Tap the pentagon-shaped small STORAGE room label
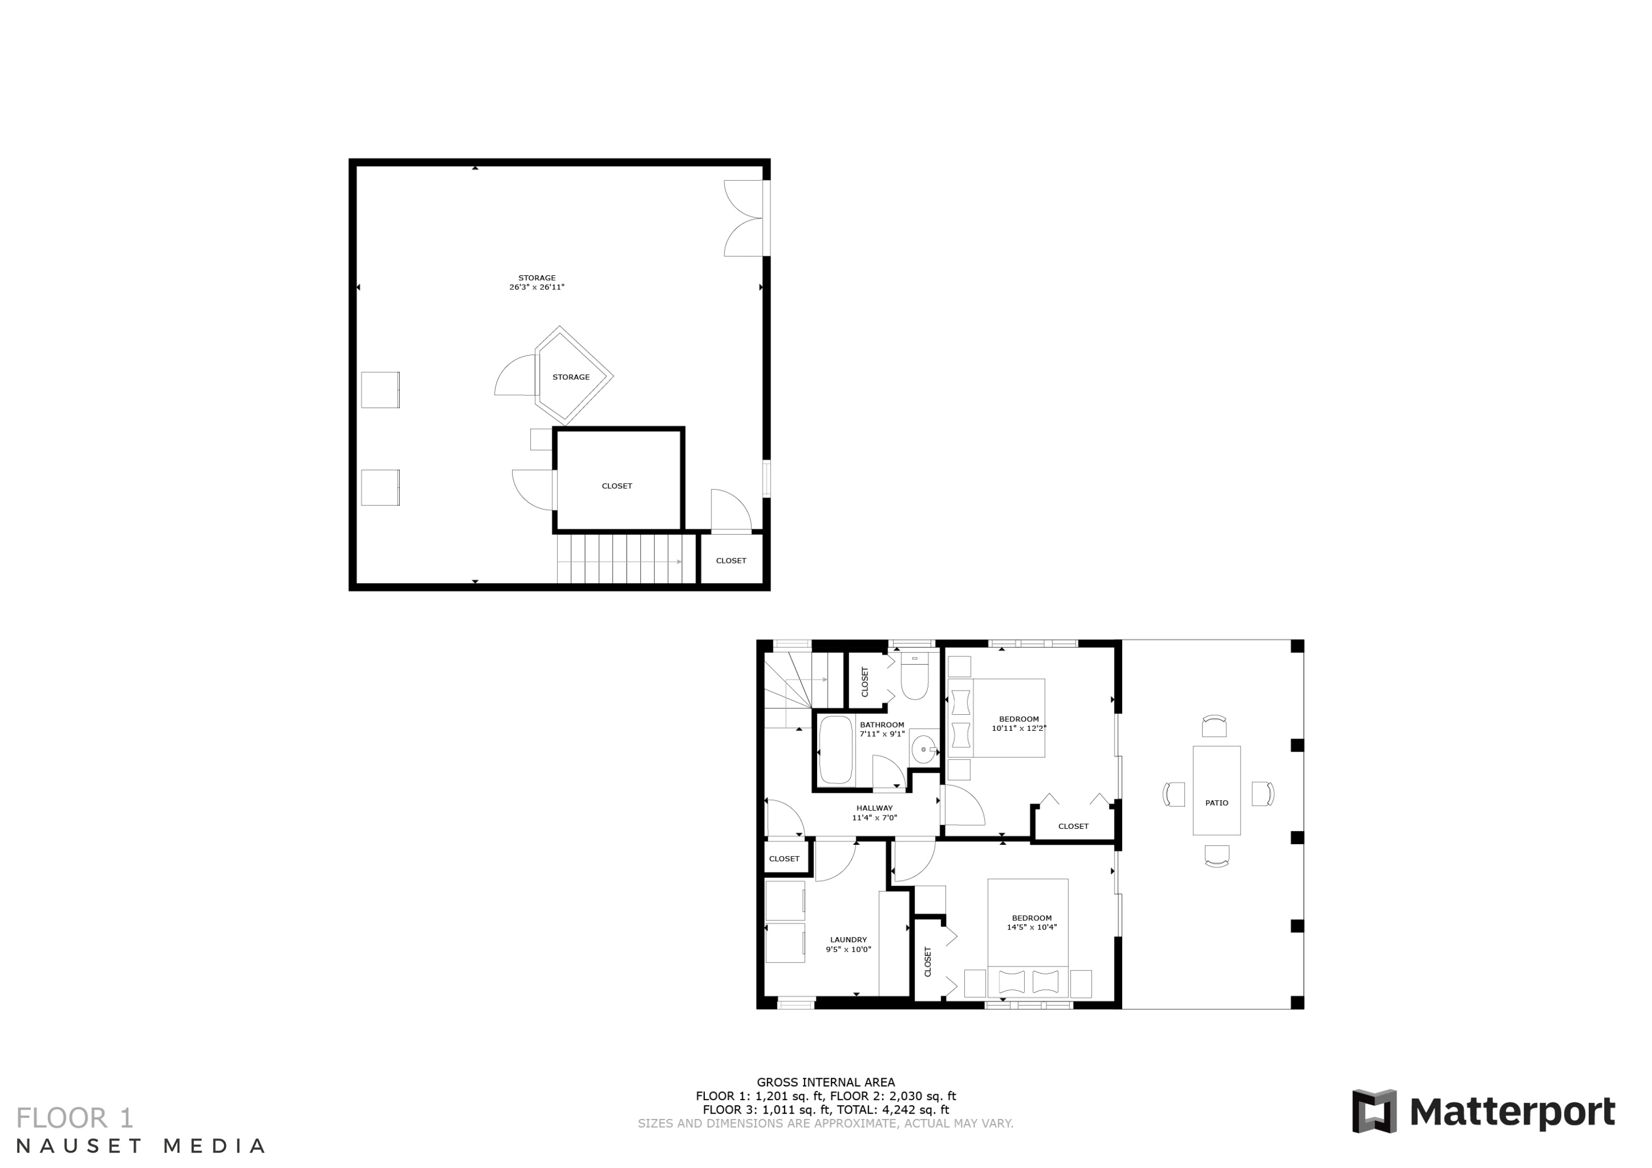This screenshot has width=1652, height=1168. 570,377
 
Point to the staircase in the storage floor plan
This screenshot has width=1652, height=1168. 619,560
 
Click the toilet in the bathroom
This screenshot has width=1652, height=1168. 915,678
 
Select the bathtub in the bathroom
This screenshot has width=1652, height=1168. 835,750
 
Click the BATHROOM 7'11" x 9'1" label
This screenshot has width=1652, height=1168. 882,730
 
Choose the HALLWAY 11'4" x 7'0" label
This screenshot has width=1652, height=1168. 874,812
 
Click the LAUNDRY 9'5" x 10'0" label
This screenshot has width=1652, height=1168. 849,944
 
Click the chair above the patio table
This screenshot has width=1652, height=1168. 1214,726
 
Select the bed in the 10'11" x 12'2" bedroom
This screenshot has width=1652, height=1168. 997,718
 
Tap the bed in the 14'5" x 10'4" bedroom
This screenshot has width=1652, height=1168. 1028,936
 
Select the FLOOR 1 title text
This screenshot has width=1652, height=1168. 75,1118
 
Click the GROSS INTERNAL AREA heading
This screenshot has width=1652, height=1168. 825,1082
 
